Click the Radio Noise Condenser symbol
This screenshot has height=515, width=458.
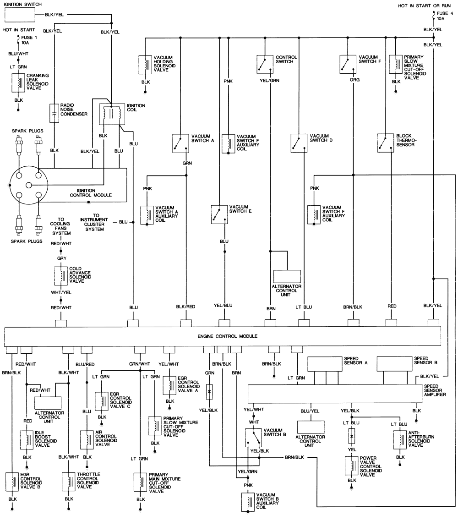coord(54,113)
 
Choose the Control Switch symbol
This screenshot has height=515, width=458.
coord(263,64)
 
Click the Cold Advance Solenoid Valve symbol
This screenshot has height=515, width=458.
coord(61,275)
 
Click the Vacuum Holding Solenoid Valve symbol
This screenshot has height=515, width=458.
coord(146,64)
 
